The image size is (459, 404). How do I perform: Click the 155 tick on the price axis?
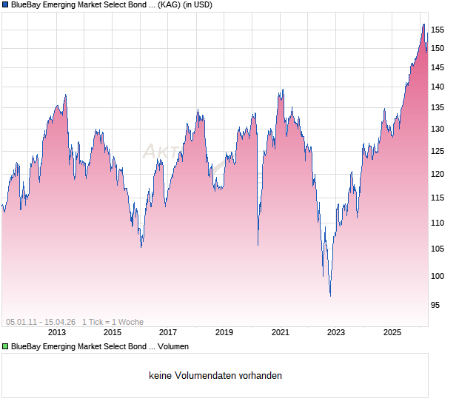pos(438,30)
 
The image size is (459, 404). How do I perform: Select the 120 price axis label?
pos(438,174)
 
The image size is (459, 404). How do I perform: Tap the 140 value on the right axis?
pos(438,87)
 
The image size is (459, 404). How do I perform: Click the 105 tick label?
pos(438,248)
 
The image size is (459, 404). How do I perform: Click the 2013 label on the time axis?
pos(57,333)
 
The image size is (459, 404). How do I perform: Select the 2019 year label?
pos(224,333)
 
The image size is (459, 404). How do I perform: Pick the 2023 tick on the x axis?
pos(336,333)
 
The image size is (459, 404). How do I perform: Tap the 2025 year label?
pos(392,333)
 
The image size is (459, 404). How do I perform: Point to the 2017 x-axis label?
pos(168,333)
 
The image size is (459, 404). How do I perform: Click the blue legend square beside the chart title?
pos(6,5)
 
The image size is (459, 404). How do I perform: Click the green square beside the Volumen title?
pos(6,346)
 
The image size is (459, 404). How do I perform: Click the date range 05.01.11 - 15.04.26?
pos(41,322)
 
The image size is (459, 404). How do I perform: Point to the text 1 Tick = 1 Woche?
pos(113,322)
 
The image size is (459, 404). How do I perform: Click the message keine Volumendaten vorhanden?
pos(215,376)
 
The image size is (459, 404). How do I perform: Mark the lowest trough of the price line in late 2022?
pos(330,296)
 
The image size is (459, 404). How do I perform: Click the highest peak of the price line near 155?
pos(423,24)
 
